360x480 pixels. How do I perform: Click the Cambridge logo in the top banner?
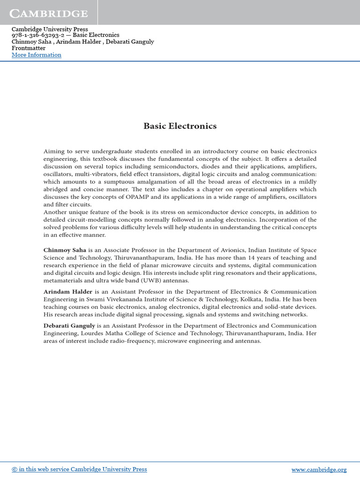pos(49,14)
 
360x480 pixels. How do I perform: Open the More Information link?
pos(36,55)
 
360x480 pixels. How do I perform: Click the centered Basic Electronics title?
pos(180,126)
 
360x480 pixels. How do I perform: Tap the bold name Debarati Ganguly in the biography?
pos(69,326)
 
